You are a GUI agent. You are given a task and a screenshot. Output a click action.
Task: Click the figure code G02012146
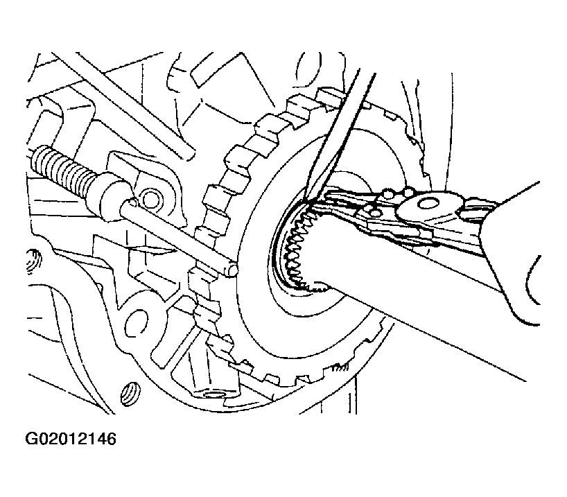71,439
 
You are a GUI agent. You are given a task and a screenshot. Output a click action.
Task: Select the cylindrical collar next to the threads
112,195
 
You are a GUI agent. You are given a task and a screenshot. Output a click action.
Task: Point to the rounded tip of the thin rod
232,270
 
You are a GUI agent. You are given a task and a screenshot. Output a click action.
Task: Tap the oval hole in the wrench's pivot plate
427,204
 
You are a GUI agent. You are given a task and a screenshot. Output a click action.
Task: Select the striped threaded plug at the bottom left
129,394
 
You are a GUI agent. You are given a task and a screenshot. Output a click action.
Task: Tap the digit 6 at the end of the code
112,439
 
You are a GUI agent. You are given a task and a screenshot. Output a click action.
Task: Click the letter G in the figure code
31,439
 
